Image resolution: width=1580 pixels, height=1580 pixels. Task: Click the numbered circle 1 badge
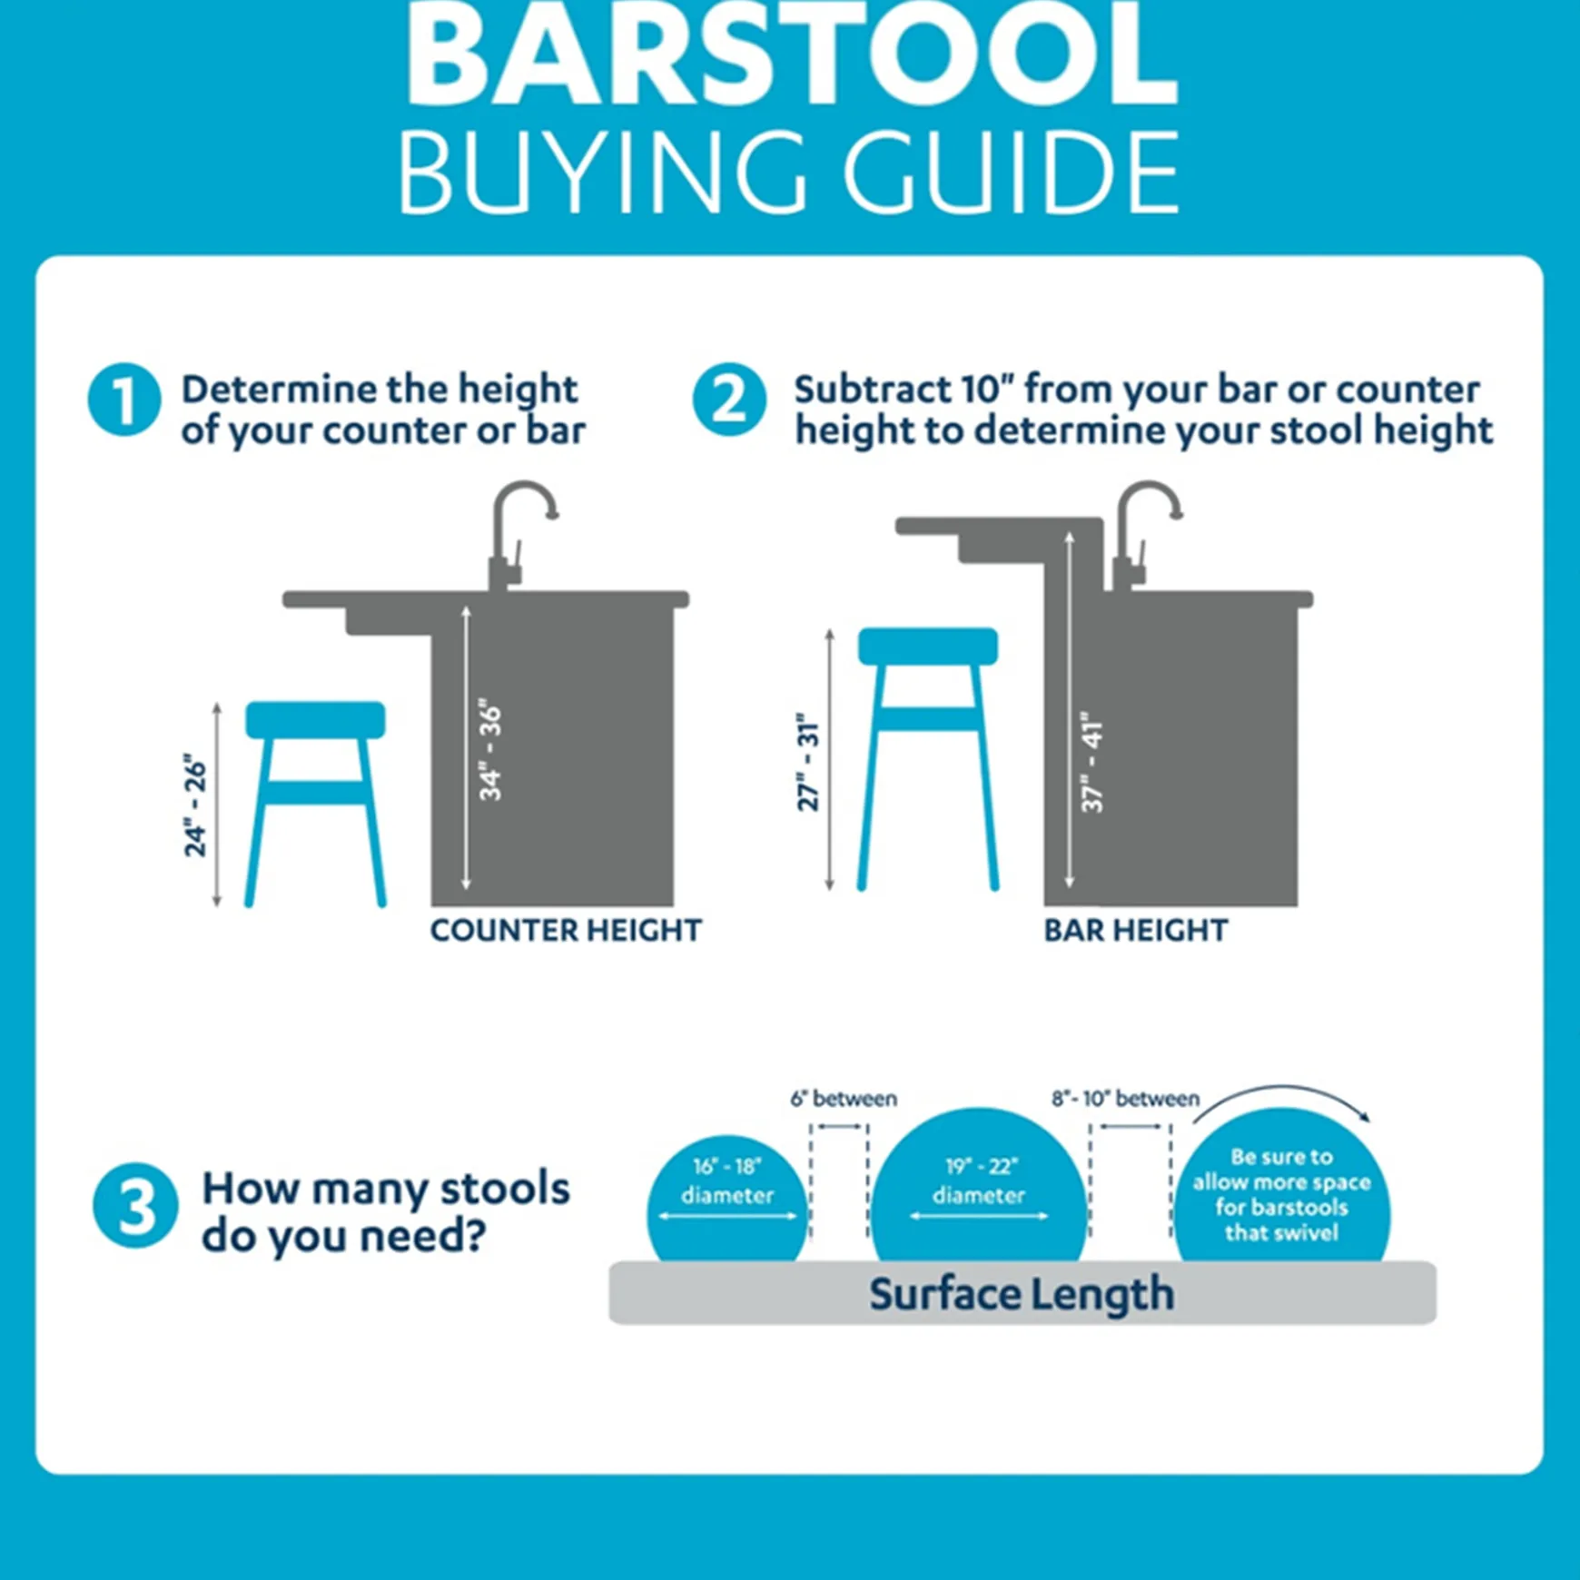pyautogui.click(x=124, y=400)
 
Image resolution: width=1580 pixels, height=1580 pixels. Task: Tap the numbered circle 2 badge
pyautogui.click(x=729, y=400)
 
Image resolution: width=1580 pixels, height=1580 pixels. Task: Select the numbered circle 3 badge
pyautogui.click(x=135, y=1205)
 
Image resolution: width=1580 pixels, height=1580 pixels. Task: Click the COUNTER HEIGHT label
pyautogui.click(x=566, y=930)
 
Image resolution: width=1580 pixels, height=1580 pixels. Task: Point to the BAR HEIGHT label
pyautogui.click(x=1135, y=930)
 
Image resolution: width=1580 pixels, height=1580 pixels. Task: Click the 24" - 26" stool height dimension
pyautogui.click(x=195, y=805)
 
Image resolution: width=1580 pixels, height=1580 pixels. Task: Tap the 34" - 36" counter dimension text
pyautogui.click(x=490, y=749)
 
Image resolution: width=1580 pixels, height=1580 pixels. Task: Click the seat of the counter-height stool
pyautogui.click(x=315, y=719)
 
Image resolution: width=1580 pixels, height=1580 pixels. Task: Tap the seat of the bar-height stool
pyautogui.click(x=927, y=646)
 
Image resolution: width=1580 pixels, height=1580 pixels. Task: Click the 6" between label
pyautogui.click(x=843, y=1099)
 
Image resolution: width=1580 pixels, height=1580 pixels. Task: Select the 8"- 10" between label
pyautogui.click(x=1125, y=1099)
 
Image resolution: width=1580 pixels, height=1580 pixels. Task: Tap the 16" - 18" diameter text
pyautogui.click(x=727, y=1180)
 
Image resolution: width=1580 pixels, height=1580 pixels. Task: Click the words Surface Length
pyautogui.click(x=1022, y=1293)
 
